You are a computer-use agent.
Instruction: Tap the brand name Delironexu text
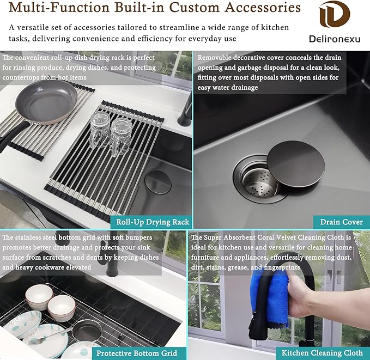pyautogui.click(x=335, y=39)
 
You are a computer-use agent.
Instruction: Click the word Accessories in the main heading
pyautogui.click(x=263, y=7)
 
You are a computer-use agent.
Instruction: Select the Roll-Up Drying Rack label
pyautogui.click(x=153, y=222)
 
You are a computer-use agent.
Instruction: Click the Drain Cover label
pyautogui.click(x=342, y=222)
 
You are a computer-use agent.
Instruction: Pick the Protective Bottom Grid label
pyautogui.click(x=137, y=353)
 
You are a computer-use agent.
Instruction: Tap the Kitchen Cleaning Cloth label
pyautogui.click(x=322, y=353)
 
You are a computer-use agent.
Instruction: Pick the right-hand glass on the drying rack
pyautogui.click(x=120, y=137)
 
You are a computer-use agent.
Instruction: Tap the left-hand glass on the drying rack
pyautogui.click(x=100, y=129)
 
